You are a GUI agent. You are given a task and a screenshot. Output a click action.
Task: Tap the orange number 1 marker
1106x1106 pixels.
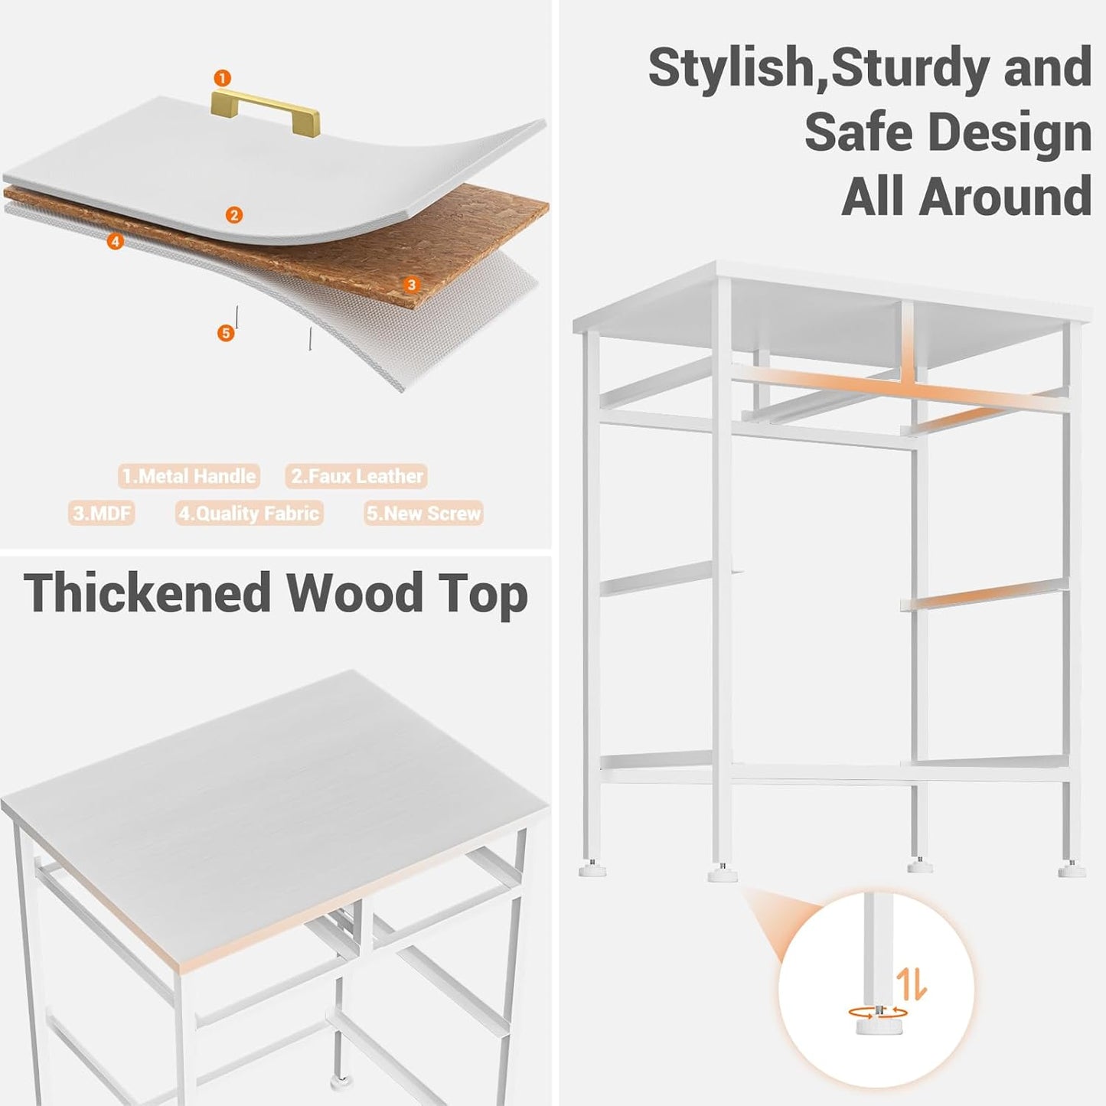click(x=222, y=78)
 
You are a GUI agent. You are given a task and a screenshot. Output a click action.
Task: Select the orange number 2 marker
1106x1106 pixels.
click(x=234, y=215)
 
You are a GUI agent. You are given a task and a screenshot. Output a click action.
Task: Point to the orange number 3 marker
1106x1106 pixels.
click(x=412, y=285)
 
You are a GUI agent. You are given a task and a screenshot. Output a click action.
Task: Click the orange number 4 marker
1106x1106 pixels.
click(x=115, y=242)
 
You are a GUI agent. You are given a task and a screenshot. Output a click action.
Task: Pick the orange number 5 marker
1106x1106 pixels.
click(x=225, y=333)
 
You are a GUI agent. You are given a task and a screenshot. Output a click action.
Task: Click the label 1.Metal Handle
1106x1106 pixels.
click(x=189, y=476)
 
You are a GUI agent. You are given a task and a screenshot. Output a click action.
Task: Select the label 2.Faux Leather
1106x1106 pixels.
click(x=357, y=476)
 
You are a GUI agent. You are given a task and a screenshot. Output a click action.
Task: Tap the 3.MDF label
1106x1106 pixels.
click(x=102, y=513)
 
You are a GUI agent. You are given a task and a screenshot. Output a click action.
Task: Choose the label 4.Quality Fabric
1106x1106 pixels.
click(x=249, y=513)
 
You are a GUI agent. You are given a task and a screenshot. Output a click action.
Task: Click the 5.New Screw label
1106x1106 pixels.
click(x=423, y=513)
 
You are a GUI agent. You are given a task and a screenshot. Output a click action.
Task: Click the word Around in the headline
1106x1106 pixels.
click(x=1004, y=196)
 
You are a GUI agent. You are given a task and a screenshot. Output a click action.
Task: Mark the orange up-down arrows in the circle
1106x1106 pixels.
click(x=911, y=984)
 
